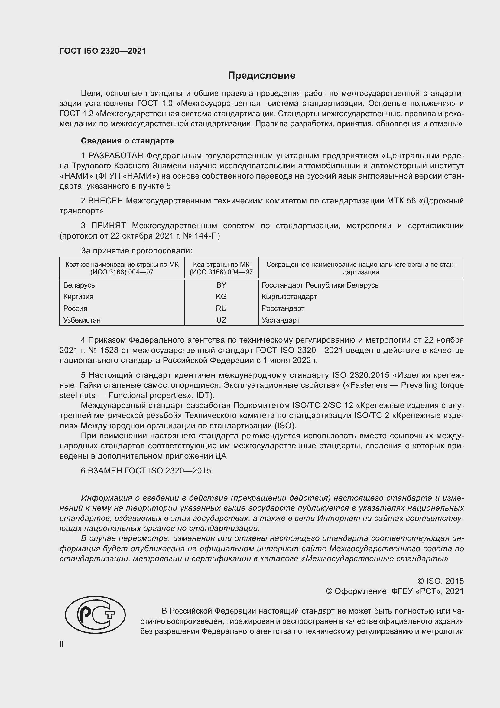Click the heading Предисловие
(x=261, y=76)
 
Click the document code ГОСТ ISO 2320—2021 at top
(x=103, y=51)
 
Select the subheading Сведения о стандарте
(x=127, y=141)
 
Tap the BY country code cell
(x=221, y=285)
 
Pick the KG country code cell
(x=221, y=297)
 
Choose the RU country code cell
(x=221, y=308)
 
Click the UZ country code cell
(x=221, y=320)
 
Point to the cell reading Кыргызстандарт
(x=289, y=297)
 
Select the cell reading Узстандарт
(x=281, y=320)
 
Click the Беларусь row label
(x=79, y=285)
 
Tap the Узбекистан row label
(x=82, y=320)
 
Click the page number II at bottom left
(x=62, y=644)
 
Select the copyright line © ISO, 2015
(x=440, y=581)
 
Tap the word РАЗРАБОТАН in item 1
(x=116, y=156)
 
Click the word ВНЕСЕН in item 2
(x=105, y=201)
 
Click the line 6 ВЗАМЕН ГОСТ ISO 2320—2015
(x=146, y=471)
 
